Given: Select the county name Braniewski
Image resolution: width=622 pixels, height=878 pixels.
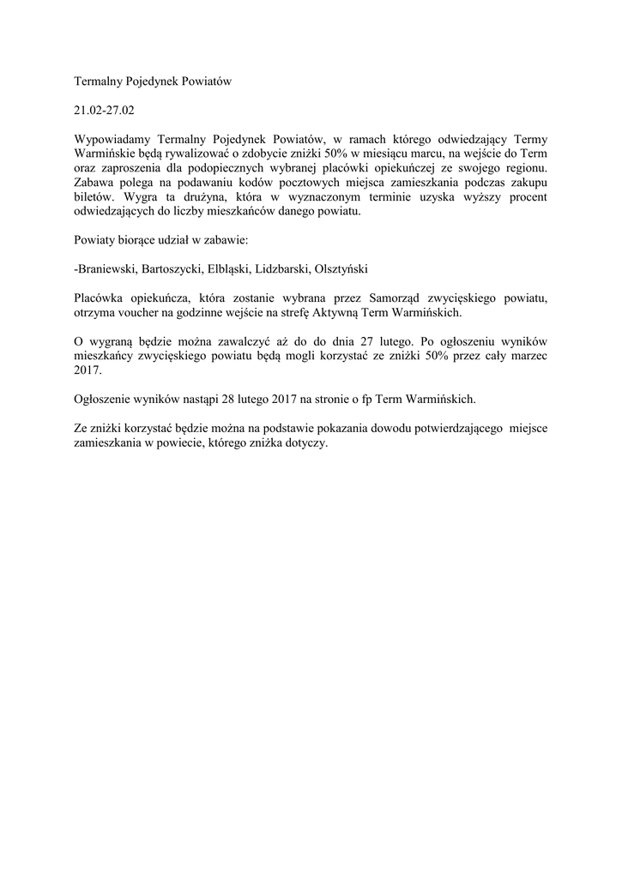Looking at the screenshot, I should (106, 269).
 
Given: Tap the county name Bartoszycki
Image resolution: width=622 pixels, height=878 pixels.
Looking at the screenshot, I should (172, 269).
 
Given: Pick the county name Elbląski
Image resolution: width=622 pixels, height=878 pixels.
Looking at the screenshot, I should (229, 269).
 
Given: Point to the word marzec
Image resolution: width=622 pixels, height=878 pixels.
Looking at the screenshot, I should (528, 357).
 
